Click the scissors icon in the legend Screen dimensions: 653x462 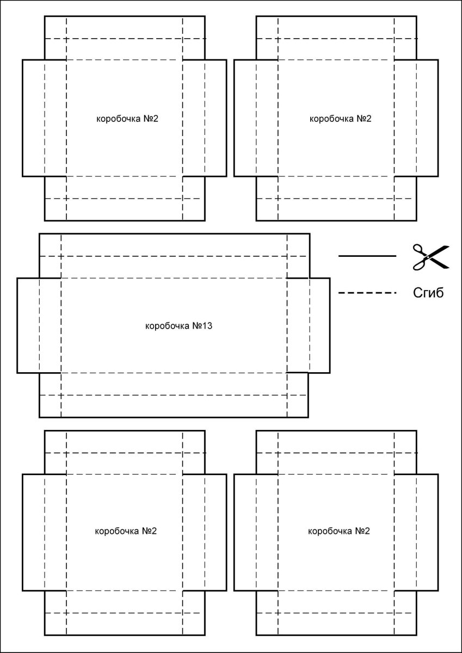[430, 256]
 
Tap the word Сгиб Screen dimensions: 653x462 [428, 293]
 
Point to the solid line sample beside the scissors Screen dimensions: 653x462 [367, 256]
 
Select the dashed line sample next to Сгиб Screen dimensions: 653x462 [367, 293]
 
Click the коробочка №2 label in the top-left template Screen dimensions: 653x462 [127, 118]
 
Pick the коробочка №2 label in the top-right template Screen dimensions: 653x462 [340, 118]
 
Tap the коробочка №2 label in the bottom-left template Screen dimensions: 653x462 [126, 531]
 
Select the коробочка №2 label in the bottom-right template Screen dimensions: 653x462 [340, 531]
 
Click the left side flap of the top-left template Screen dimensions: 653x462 [33, 118]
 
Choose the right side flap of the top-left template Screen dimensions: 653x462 [215, 118]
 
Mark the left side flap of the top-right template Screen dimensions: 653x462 [245, 118]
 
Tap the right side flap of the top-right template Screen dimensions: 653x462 [427, 118]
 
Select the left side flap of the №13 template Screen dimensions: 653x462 [28, 325]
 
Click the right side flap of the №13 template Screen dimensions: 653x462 [319, 325]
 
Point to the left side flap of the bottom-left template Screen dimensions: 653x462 [33, 533]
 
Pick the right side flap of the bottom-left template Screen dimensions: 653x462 [215, 533]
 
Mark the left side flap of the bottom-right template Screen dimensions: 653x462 [245, 533]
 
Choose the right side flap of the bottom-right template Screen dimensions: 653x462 [427, 533]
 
